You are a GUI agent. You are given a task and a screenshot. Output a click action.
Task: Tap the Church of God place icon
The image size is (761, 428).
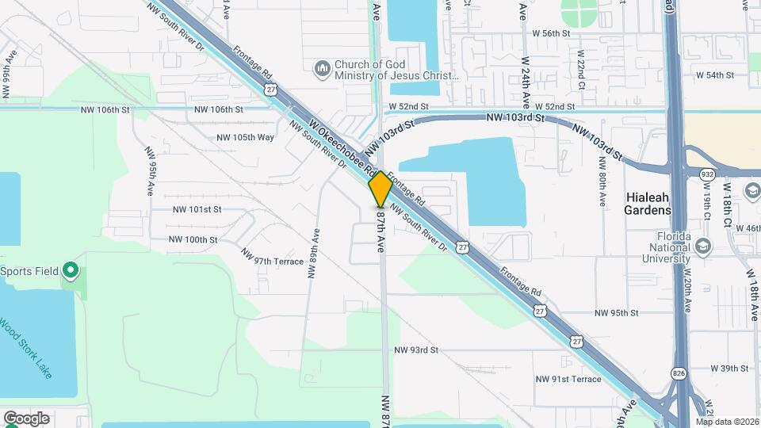[x=322, y=70]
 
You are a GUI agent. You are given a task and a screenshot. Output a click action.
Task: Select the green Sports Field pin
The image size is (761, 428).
[x=70, y=271]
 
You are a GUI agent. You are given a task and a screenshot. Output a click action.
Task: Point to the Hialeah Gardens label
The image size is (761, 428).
[x=648, y=203]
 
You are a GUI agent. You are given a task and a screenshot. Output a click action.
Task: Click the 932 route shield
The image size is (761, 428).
[x=706, y=174]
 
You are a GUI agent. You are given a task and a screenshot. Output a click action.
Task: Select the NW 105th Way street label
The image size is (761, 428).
[x=245, y=137]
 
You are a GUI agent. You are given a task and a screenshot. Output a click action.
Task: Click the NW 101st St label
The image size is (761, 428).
[x=197, y=209]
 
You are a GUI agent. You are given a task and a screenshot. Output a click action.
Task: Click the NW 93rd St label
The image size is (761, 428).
[x=417, y=350]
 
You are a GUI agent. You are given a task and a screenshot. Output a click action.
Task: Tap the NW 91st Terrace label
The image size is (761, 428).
[x=568, y=379]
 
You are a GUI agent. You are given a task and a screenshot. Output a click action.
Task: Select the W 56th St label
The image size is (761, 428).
[x=552, y=33]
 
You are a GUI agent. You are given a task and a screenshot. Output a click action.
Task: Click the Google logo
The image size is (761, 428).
[x=26, y=418]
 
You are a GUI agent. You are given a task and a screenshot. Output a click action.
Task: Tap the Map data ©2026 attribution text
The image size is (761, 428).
[x=727, y=422]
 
